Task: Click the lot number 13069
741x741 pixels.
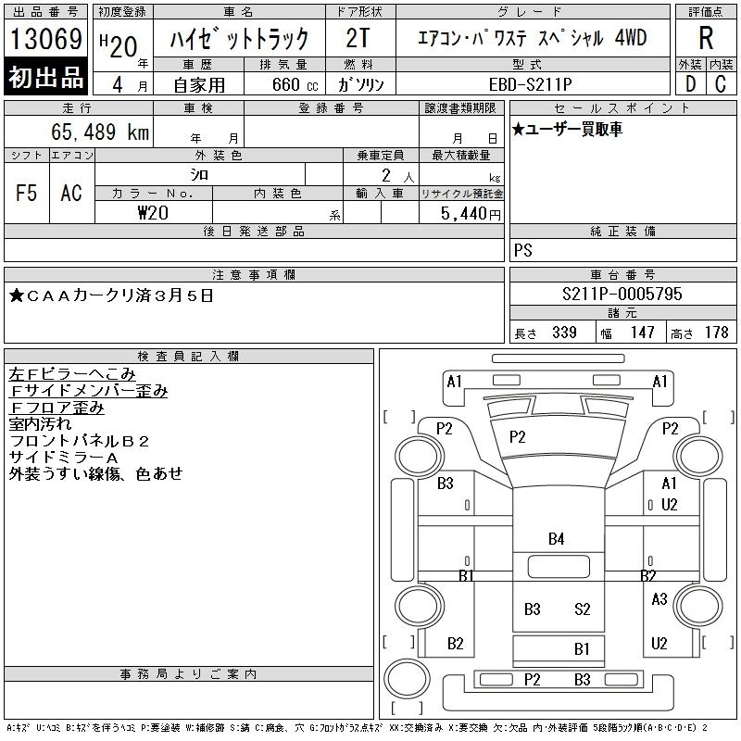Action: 45,39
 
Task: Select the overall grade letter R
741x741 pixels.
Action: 705,39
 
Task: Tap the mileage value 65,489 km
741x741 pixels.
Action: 100,132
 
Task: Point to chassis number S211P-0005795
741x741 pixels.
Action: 622,295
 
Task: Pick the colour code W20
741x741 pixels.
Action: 154,213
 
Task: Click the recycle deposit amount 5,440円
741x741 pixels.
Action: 473,214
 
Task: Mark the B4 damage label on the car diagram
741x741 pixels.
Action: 556,538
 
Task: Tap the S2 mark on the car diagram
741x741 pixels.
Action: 582,609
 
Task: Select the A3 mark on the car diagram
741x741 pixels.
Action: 659,599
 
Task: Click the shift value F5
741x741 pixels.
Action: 27,193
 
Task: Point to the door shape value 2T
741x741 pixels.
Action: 358,39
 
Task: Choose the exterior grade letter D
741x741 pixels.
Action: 690,83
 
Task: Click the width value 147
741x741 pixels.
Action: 642,333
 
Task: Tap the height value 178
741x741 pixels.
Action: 716,333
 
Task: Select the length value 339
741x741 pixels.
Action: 564,333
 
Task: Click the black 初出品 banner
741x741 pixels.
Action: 45,78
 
